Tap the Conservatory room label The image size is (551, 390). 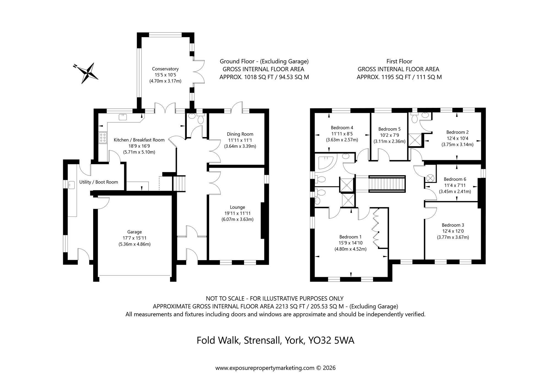tap(165, 69)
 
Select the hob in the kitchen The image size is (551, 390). tap(103, 138)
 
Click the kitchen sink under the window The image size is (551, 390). tap(122, 117)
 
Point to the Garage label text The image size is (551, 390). tap(134, 232)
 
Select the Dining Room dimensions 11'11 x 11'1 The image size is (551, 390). tap(240, 140)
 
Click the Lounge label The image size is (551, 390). tap(237, 207)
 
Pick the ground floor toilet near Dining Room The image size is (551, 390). tap(201, 119)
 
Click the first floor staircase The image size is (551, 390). tap(387, 184)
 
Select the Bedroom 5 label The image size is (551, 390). tap(389, 129)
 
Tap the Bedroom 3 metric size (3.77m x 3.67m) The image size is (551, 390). tap(453, 237)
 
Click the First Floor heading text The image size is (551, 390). tap(399, 61)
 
